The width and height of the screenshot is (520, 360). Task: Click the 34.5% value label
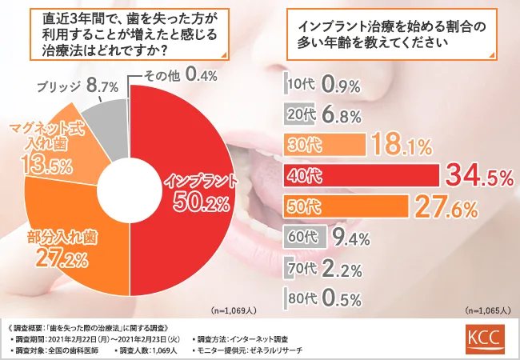pos(478,176)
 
